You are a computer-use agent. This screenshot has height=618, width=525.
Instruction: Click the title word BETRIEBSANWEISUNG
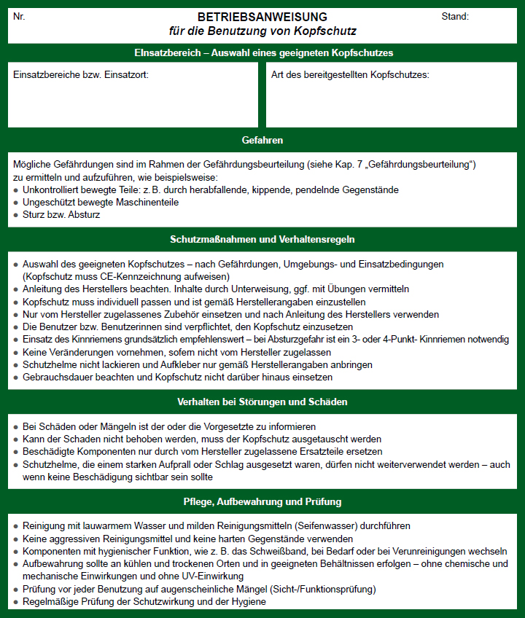(262, 17)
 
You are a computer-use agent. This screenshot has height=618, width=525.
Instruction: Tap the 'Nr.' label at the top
(19, 16)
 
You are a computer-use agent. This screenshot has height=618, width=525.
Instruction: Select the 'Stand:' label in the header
(455, 16)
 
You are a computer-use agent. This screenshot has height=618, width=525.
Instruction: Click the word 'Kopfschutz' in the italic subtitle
(328, 31)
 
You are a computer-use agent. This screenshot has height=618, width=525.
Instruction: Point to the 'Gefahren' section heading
(262, 140)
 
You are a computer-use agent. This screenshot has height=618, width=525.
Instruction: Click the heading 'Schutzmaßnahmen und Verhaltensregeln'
(262, 239)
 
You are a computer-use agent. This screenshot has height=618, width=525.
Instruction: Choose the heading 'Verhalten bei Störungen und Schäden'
(262, 402)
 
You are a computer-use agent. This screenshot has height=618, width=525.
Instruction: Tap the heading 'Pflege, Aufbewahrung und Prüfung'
(262, 502)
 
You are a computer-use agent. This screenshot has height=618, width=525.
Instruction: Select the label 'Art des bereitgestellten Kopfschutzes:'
(350, 75)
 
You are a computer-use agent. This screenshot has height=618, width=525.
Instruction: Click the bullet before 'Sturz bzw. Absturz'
(16, 216)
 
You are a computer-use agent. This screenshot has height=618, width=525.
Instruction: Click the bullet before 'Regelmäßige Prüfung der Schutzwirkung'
(16, 602)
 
